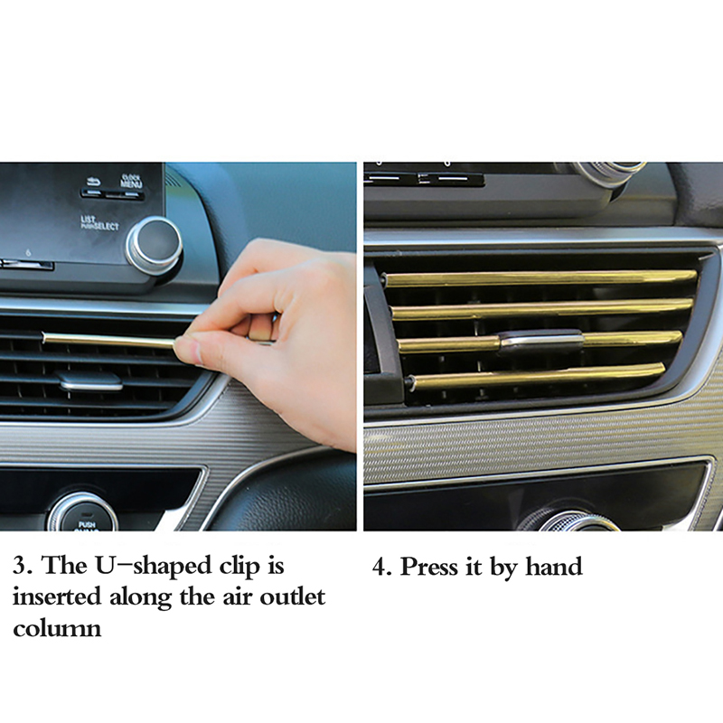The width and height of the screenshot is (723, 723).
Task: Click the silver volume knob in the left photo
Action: click(x=155, y=245)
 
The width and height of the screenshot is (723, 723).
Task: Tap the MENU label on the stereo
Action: click(x=131, y=183)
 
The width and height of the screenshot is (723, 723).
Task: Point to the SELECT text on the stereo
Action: click(x=106, y=227)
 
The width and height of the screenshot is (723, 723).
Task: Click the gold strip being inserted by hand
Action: click(x=109, y=341)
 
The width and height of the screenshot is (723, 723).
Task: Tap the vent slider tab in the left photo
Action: click(x=89, y=380)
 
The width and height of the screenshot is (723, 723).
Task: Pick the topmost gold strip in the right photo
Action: click(x=540, y=278)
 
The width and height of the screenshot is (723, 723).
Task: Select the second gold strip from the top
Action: click(x=542, y=309)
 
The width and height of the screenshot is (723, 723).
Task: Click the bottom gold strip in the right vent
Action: click(x=538, y=378)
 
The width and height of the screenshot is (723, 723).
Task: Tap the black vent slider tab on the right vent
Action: click(x=541, y=342)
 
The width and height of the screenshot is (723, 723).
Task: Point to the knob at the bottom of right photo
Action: click(x=571, y=521)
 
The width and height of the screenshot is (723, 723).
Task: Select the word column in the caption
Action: click(x=57, y=628)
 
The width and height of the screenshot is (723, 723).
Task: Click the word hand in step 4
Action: click(x=554, y=566)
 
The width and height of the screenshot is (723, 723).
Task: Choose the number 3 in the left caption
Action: click(x=20, y=567)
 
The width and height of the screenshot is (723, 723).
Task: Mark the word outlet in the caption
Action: click(x=292, y=597)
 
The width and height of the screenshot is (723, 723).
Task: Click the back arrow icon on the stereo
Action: click(x=94, y=180)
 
